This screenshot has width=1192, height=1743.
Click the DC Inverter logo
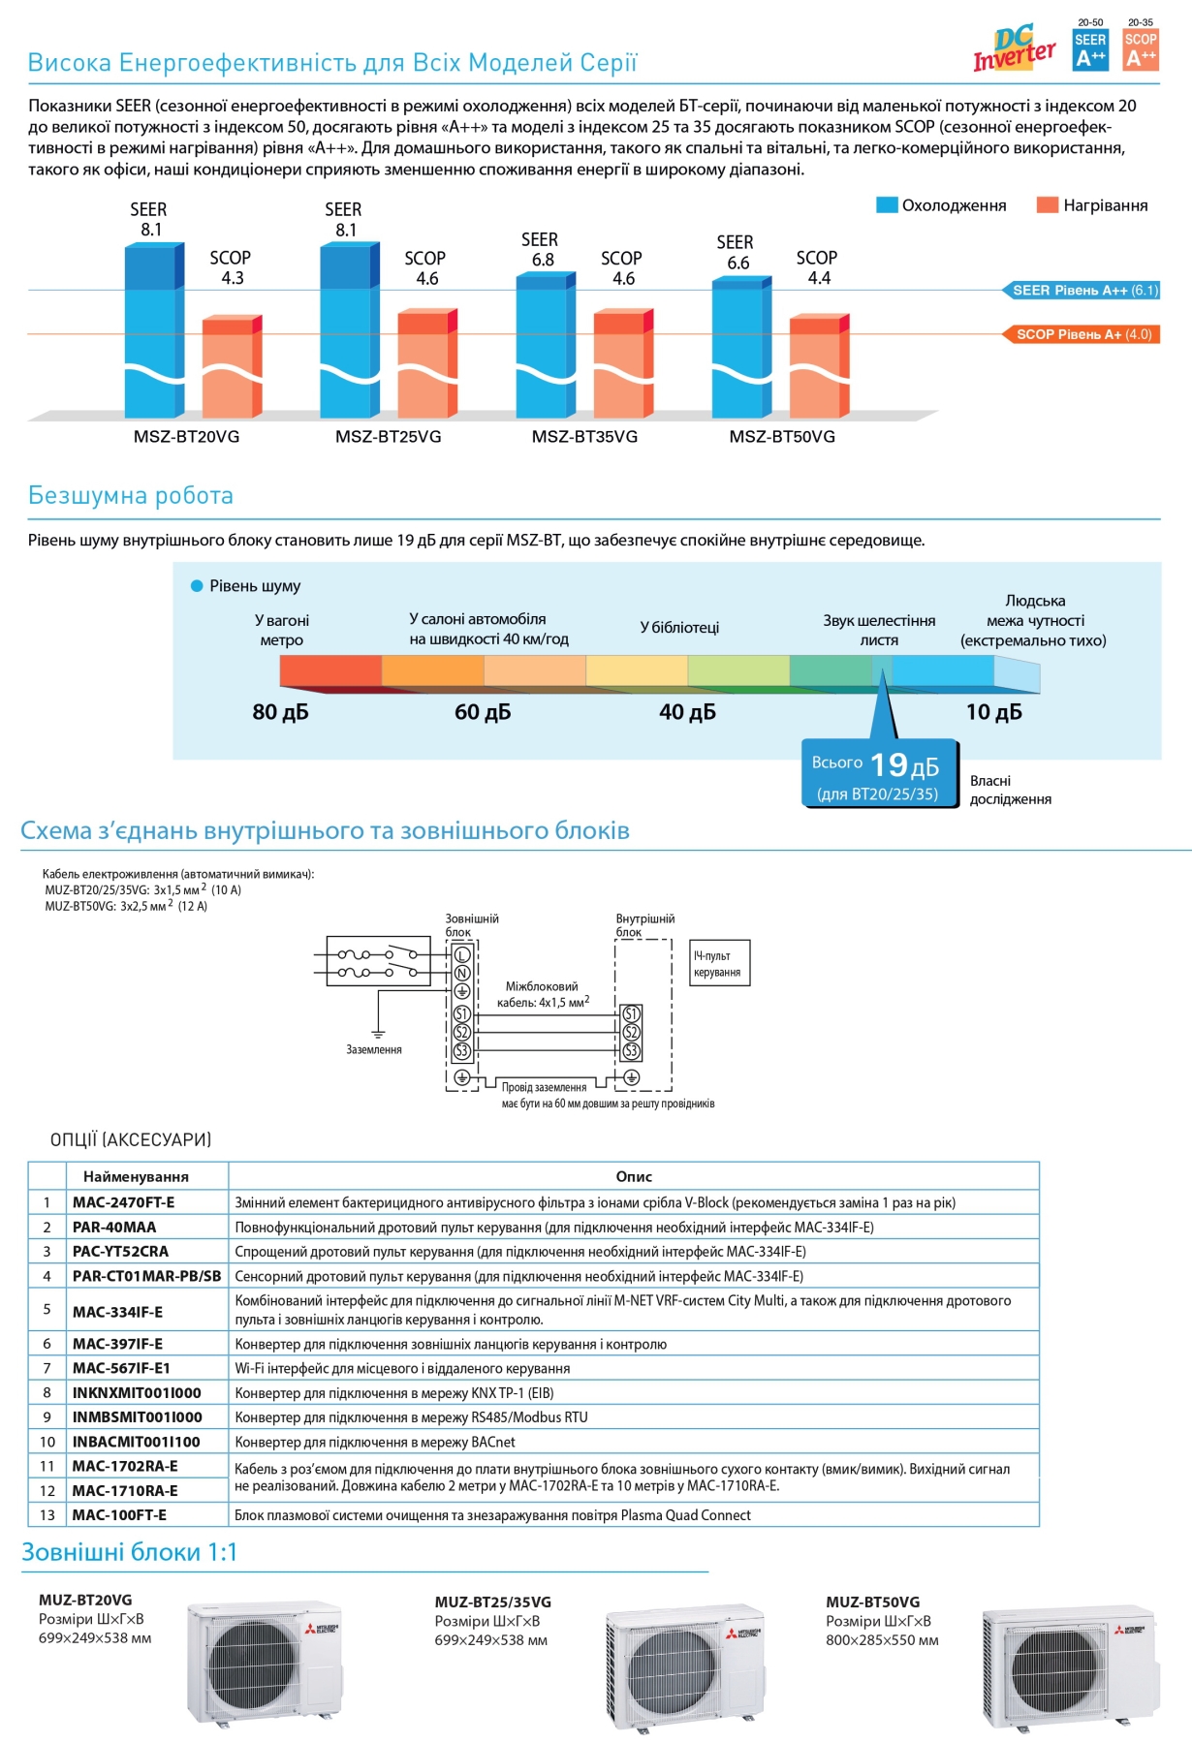point(1014,48)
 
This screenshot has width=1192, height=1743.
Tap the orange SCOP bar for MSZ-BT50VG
point(819,365)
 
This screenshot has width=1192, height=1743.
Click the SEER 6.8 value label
point(540,250)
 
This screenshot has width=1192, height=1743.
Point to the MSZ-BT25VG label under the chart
point(388,437)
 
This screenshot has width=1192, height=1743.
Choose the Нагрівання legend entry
point(1092,205)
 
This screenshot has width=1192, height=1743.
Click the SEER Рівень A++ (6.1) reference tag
point(1081,290)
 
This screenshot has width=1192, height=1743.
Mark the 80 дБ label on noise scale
point(280,712)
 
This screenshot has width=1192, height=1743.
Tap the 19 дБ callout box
point(880,773)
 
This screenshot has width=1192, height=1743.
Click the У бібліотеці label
point(679,628)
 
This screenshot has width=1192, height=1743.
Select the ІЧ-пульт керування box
point(719,963)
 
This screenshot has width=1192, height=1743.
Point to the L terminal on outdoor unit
point(462,955)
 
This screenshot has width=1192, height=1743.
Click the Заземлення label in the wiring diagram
point(374,1049)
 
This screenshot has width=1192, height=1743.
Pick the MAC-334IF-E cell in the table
point(117,1312)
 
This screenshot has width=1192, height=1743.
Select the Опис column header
point(634,1176)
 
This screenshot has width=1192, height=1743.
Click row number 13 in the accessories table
point(47,1514)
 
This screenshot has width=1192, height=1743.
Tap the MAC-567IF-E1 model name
point(121,1368)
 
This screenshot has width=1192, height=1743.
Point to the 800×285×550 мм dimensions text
point(882,1640)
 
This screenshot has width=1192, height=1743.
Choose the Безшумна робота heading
point(131,495)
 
